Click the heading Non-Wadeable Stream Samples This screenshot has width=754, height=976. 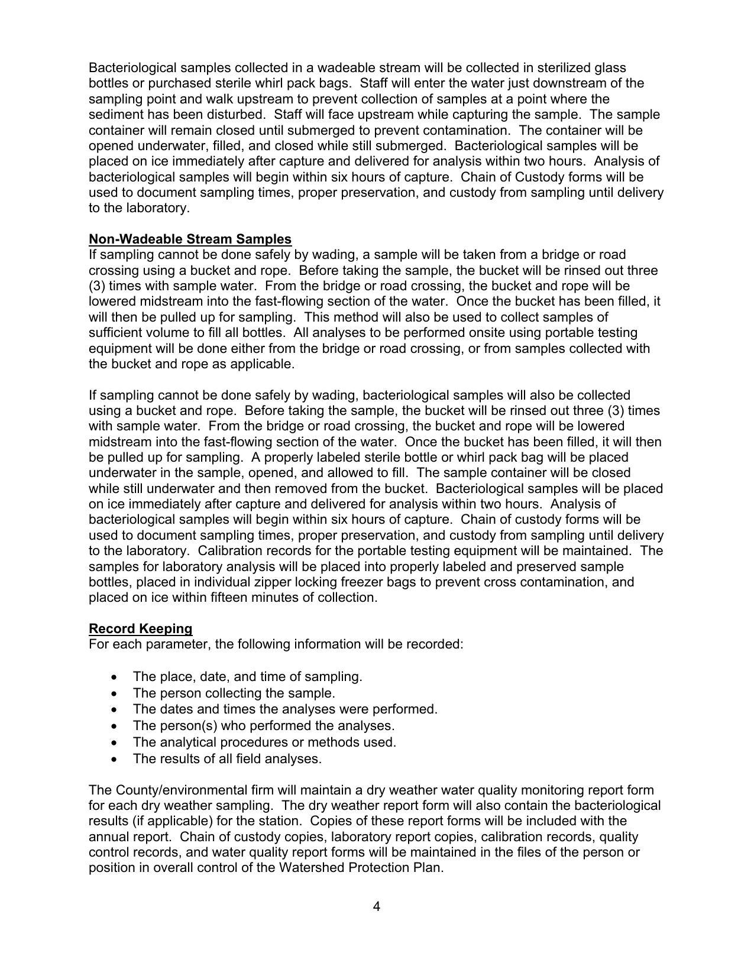click(x=190, y=239)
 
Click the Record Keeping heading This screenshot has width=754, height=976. click(x=140, y=628)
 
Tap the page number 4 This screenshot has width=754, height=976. click(x=377, y=906)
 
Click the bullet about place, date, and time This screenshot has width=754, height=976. click(x=247, y=676)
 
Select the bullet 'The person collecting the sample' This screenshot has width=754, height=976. click(x=234, y=693)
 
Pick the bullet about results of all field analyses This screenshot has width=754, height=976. click(x=227, y=758)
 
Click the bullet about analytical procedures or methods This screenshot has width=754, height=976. click(x=264, y=742)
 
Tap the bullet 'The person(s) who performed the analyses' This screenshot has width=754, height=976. click(x=263, y=725)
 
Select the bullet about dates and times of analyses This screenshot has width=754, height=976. click(x=285, y=709)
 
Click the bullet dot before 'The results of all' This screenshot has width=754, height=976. click(x=114, y=759)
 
